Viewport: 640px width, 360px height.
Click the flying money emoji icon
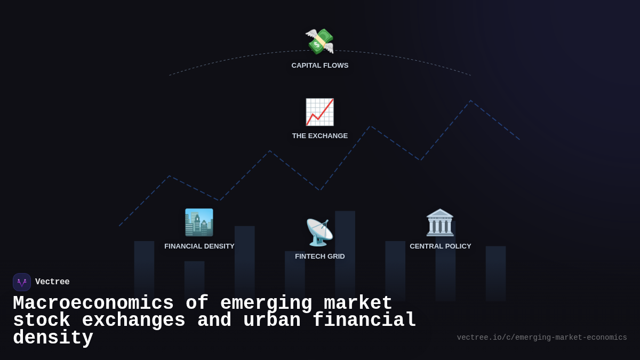pyautogui.click(x=319, y=41)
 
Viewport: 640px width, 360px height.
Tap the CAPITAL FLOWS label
pyautogui.click(x=320, y=66)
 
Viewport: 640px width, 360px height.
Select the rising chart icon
pyautogui.click(x=319, y=112)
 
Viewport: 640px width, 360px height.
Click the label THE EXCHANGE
pyautogui.click(x=320, y=136)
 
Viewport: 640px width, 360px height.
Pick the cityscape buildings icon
pyautogui.click(x=199, y=222)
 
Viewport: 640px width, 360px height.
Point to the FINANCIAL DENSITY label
pyautogui.click(x=199, y=246)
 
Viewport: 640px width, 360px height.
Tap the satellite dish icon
pyautogui.click(x=319, y=233)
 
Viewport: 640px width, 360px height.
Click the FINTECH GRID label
pyautogui.click(x=320, y=257)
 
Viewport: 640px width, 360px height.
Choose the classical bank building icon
pyautogui.click(x=440, y=222)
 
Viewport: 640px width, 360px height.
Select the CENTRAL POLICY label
pyautogui.click(x=441, y=246)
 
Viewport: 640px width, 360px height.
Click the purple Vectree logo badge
pyautogui.click(x=22, y=282)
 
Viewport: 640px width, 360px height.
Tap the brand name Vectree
pyautogui.click(x=52, y=282)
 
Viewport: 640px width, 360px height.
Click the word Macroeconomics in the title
pyautogui.click(x=93, y=303)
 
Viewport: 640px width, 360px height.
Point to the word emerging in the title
pyautogui.click(x=266, y=303)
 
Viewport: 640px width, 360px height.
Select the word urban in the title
pyautogui.click(x=271, y=321)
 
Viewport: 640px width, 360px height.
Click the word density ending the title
pyautogui.click(x=53, y=338)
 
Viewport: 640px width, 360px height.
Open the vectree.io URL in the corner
pyautogui.click(x=542, y=338)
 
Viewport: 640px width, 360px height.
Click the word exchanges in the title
pyautogui.click(x=133, y=321)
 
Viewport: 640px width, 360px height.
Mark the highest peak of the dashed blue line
pyautogui.click(x=470, y=101)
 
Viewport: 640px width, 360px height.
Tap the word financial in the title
pyautogui.click(x=364, y=321)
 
